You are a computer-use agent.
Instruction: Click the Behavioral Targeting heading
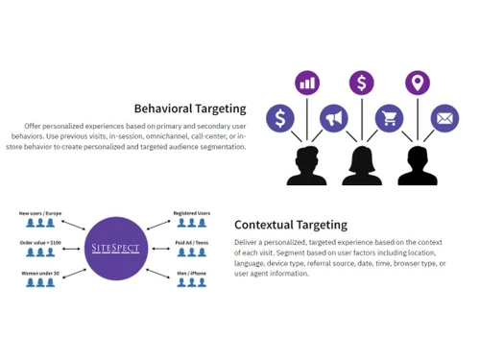189,108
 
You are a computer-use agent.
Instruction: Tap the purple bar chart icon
307,84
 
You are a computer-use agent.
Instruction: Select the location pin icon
417,84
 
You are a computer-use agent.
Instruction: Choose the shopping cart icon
389,118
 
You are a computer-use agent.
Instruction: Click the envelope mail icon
444,118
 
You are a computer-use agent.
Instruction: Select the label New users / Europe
39,212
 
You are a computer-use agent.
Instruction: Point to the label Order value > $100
39,243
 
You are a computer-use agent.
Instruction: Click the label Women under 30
39,274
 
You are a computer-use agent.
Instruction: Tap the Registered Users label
191,212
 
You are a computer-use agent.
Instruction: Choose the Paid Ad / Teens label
191,243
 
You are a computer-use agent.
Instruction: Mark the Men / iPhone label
191,274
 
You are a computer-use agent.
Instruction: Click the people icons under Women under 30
39,284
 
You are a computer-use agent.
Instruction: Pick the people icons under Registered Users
190,223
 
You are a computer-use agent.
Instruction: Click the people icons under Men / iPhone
190,284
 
